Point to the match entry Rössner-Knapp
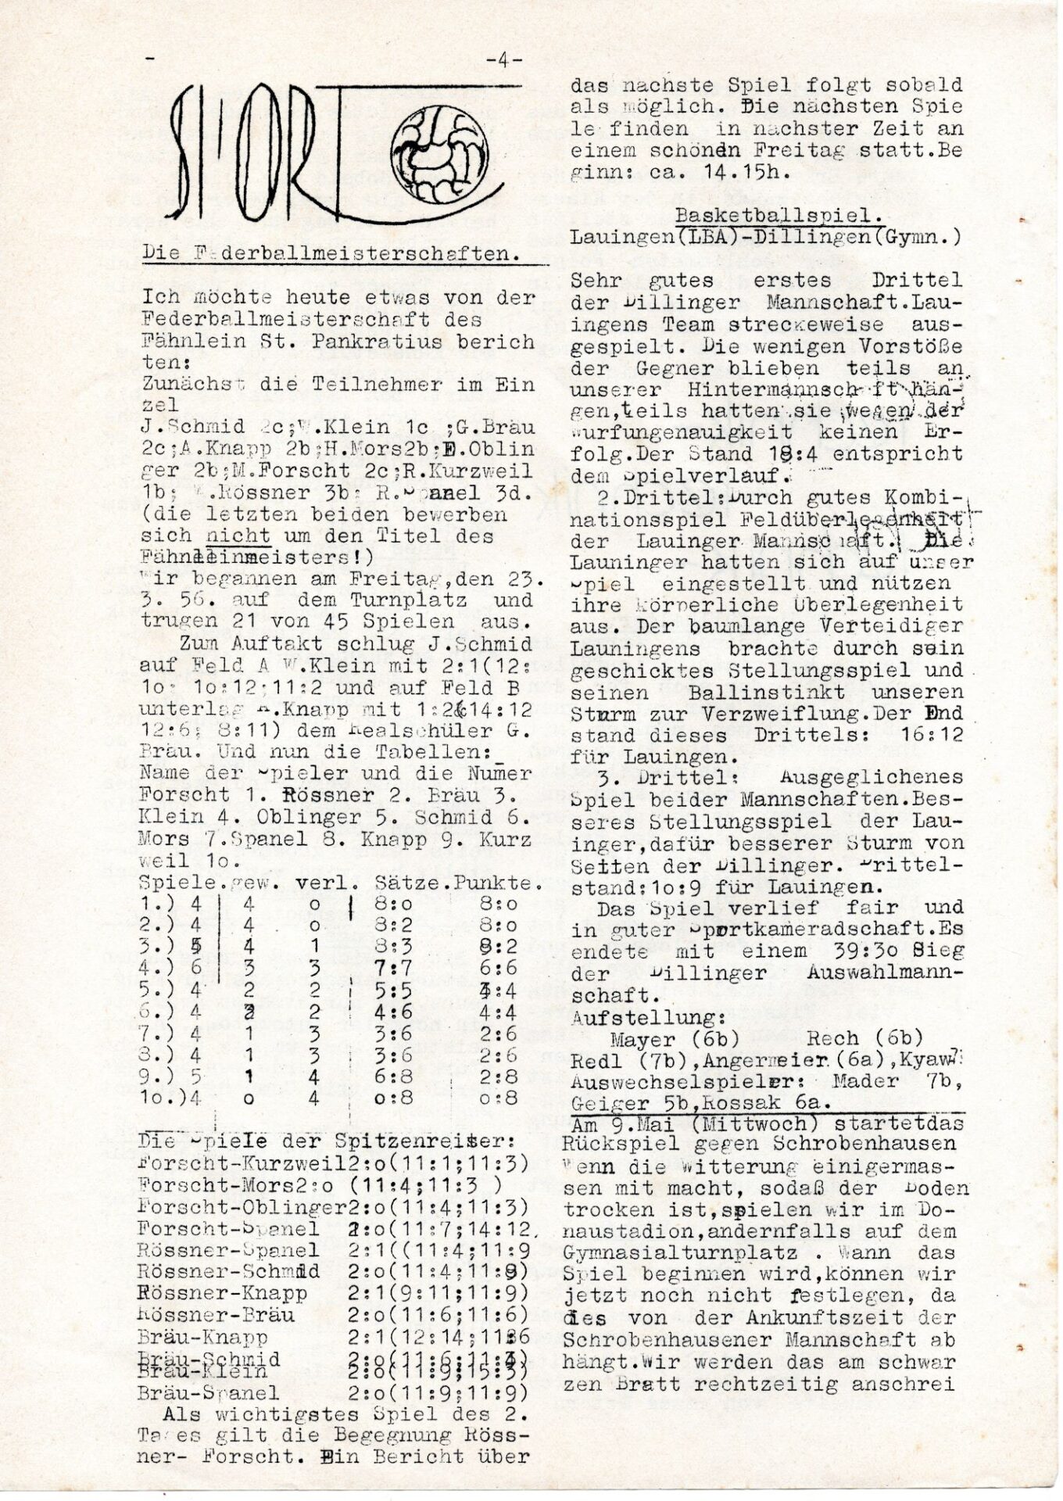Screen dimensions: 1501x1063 tap(221, 1292)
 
